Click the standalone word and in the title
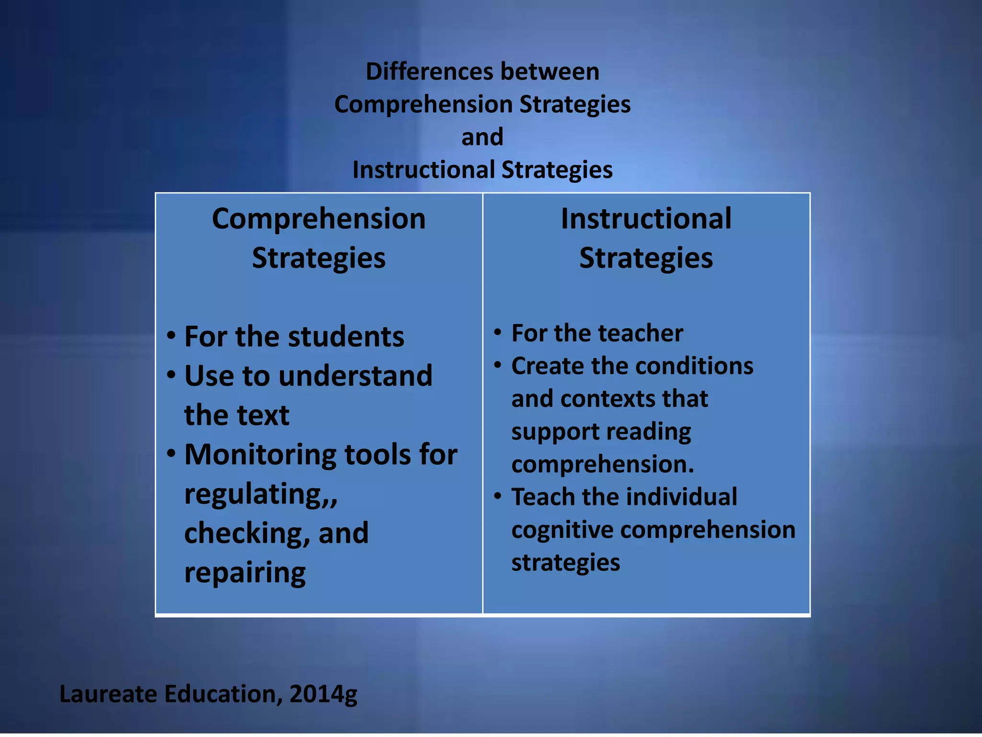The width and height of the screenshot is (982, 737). (482, 137)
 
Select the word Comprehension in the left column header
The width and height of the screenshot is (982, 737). (319, 219)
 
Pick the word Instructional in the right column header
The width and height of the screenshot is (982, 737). (646, 219)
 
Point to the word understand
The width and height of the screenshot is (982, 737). (356, 376)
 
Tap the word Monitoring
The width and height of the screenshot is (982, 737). (260, 455)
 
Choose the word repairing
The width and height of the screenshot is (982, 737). (245, 573)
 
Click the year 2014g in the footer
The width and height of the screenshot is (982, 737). (323, 694)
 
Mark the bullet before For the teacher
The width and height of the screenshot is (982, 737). (498, 332)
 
